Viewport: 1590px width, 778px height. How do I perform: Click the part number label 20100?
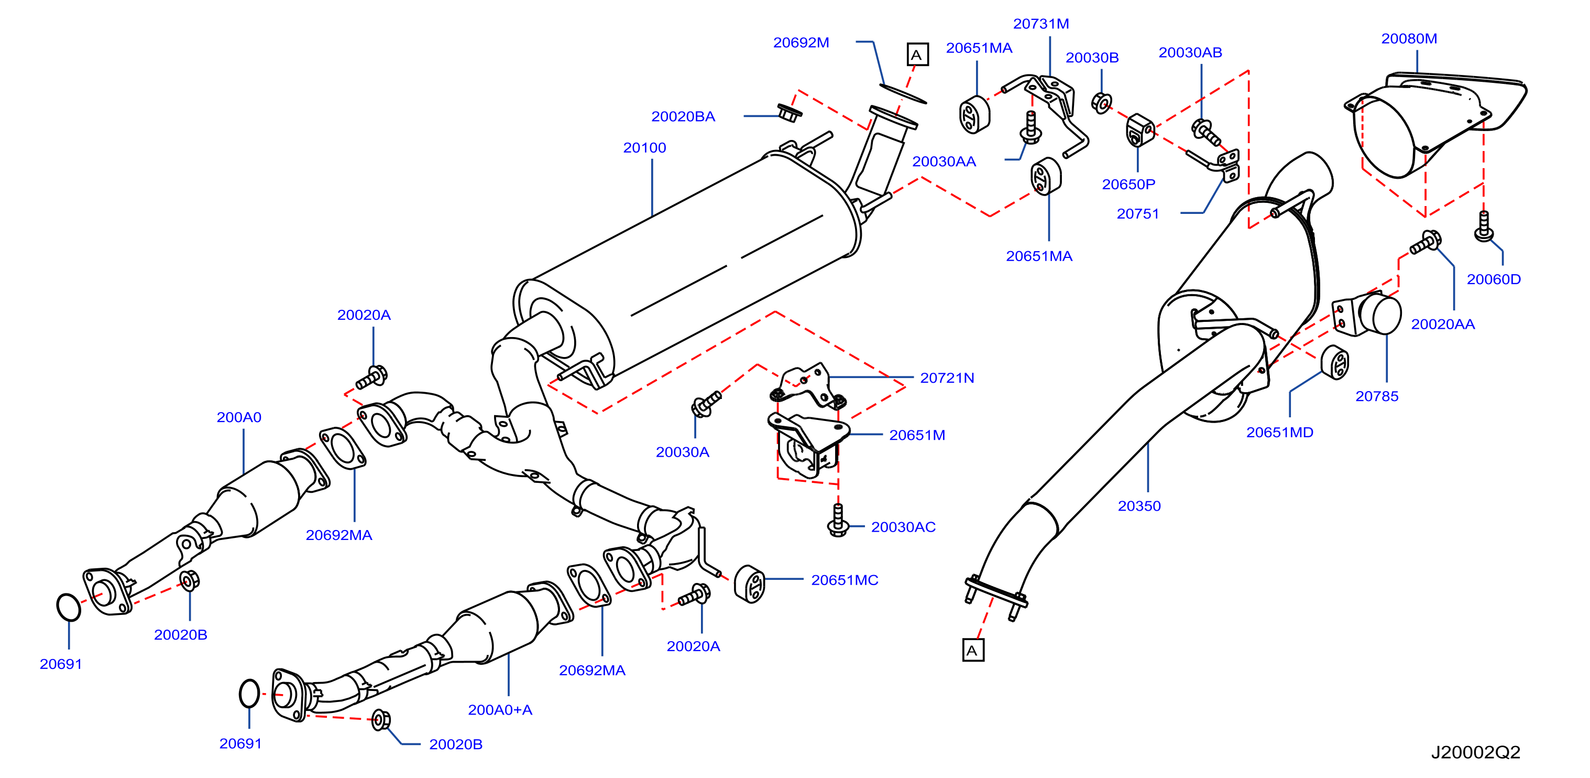click(x=644, y=147)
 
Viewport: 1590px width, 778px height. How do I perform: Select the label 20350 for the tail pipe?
click(x=1139, y=506)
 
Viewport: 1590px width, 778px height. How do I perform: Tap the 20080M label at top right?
click(x=1409, y=38)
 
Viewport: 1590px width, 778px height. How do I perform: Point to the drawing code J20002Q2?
click(x=1475, y=752)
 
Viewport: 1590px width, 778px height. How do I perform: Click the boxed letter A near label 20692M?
click(x=917, y=55)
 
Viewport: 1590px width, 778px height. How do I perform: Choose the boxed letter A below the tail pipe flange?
click(x=973, y=650)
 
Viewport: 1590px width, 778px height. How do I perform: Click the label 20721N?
click(x=947, y=378)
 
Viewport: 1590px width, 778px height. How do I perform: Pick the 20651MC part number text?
click(x=845, y=580)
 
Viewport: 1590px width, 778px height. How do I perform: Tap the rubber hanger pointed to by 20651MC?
click(x=749, y=583)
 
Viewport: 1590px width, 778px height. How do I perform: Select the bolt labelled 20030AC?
click(x=838, y=520)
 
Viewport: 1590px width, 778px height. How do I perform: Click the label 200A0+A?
click(x=500, y=709)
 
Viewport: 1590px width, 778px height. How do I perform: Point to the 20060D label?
click(x=1494, y=279)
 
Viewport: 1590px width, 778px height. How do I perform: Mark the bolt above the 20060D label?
click(x=1484, y=226)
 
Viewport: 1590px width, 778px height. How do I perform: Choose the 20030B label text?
click(x=1092, y=58)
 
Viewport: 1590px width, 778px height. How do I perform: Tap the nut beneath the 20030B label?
click(x=1101, y=103)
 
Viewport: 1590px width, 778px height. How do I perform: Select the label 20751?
click(x=1137, y=214)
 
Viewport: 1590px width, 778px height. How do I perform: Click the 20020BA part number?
click(x=683, y=116)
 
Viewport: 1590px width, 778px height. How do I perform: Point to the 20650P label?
click(x=1128, y=184)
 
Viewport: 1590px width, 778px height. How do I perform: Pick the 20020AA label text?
click(x=1442, y=324)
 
